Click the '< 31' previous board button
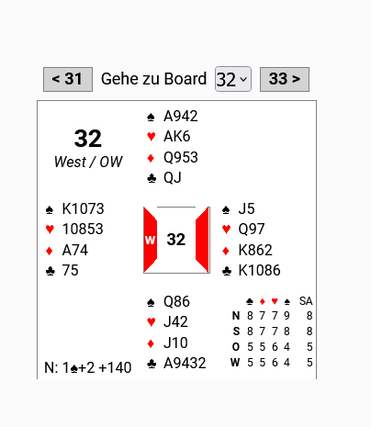tap(68, 79)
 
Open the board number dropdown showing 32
tap(233, 79)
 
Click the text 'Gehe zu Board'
tap(153, 79)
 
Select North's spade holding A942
tap(181, 117)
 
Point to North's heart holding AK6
tap(177, 137)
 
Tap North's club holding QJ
tap(173, 178)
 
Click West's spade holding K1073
tap(83, 209)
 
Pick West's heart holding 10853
tap(83, 230)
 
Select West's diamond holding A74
tap(75, 250)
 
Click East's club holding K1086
tap(259, 271)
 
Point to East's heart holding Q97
tap(252, 230)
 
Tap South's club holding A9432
tap(185, 364)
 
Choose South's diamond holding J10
tap(175, 343)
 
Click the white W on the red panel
tap(150, 241)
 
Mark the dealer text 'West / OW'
tap(88, 162)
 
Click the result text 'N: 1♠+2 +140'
tap(88, 367)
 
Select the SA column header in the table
tap(306, 301)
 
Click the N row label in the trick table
tap(236, 316)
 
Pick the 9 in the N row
tap(287, 316)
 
